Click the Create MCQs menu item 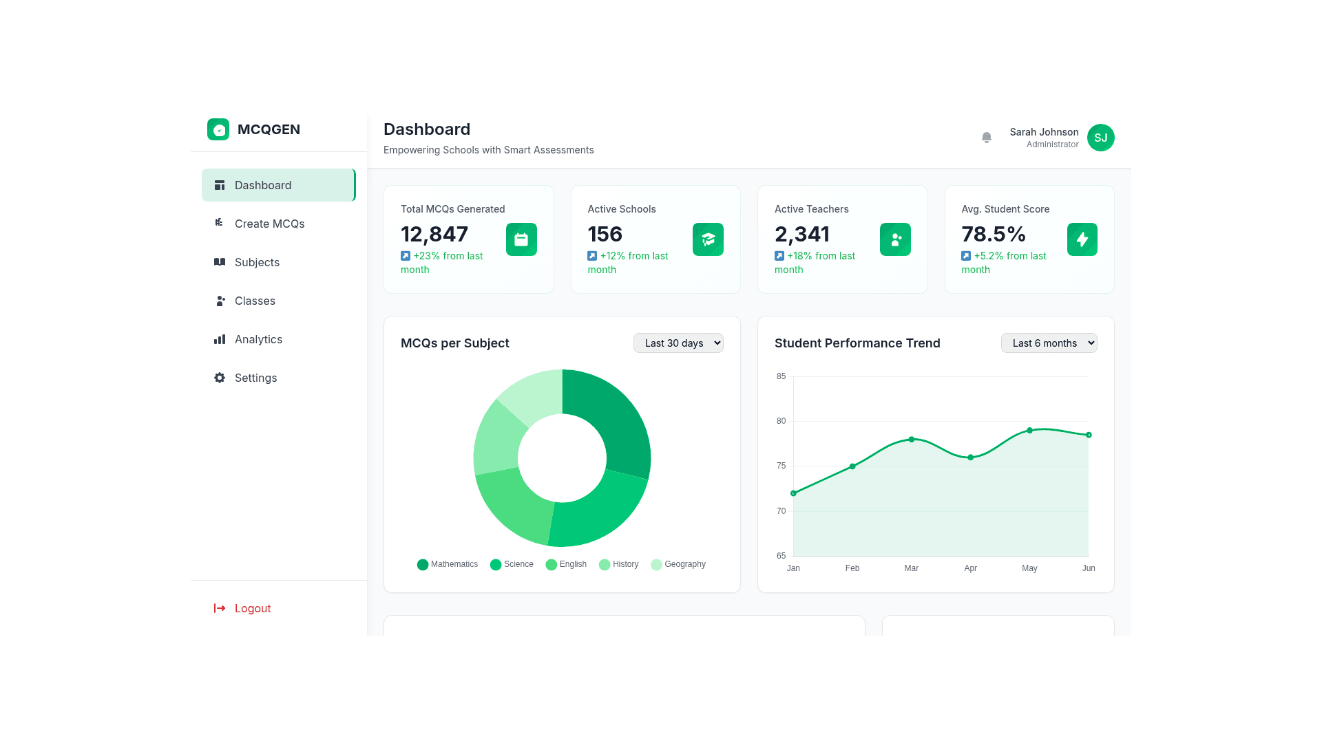pos(269,224)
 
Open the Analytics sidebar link pos(258,339)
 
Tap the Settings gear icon pos(220,378)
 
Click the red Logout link pos(252,608)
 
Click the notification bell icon pos(986,138)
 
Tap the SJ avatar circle pos(1100,138)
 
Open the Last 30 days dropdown pos(678,343)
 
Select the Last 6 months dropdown pos(1049,343)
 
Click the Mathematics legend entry pos(448,564)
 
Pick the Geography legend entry pos(678,564)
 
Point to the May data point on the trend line pos(1029,431)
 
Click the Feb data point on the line pos(852,466)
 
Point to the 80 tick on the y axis pos(781,421)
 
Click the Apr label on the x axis pos(970,568)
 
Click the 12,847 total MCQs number pos(434,235)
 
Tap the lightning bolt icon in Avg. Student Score pos(1082,239)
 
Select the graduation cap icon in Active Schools pos(708,239)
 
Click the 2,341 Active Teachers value pos(802,235)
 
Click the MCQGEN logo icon pos(218,129)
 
